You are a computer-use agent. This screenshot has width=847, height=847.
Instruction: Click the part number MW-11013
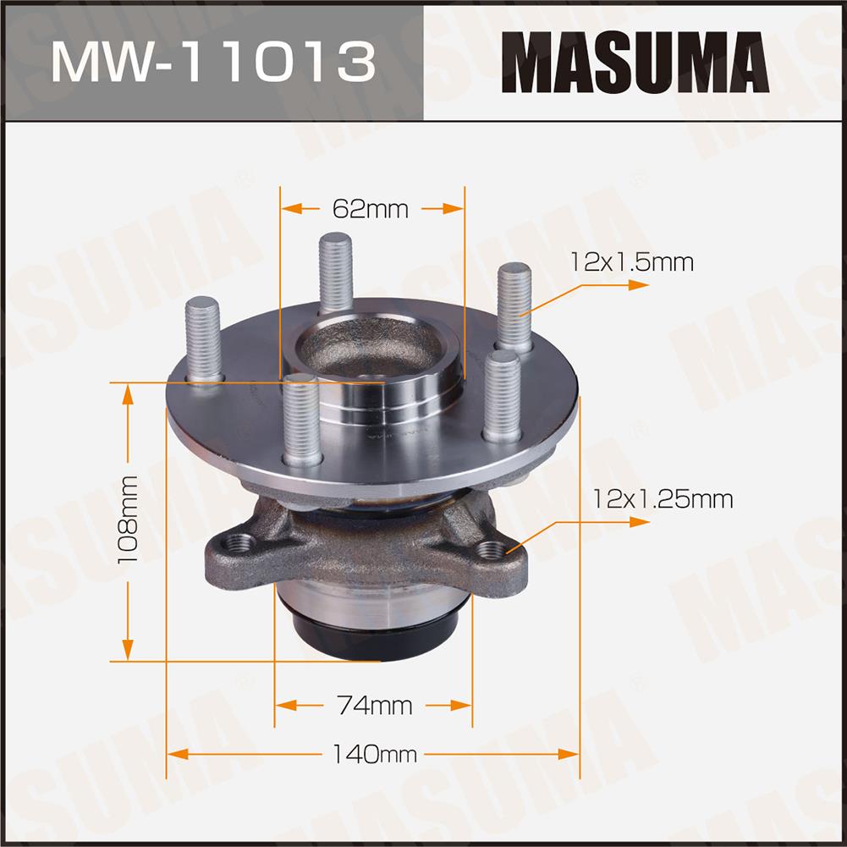[213, 62]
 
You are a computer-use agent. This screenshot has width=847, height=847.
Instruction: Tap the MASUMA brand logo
[635, 62]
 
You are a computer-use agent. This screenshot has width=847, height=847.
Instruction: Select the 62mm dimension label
[371, 209]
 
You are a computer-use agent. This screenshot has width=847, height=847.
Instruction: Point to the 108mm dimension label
[128, 520]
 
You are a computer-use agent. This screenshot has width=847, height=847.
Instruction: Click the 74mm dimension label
[374, 706]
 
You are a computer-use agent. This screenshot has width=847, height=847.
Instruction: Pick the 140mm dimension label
[374, 754]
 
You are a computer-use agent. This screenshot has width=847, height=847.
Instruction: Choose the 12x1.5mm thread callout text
[632, 262]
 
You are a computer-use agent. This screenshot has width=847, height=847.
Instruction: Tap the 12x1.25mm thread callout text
[663, 498]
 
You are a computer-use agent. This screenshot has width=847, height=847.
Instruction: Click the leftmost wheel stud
[203, 340]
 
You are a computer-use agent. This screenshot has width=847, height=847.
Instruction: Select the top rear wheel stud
[335, 272]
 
